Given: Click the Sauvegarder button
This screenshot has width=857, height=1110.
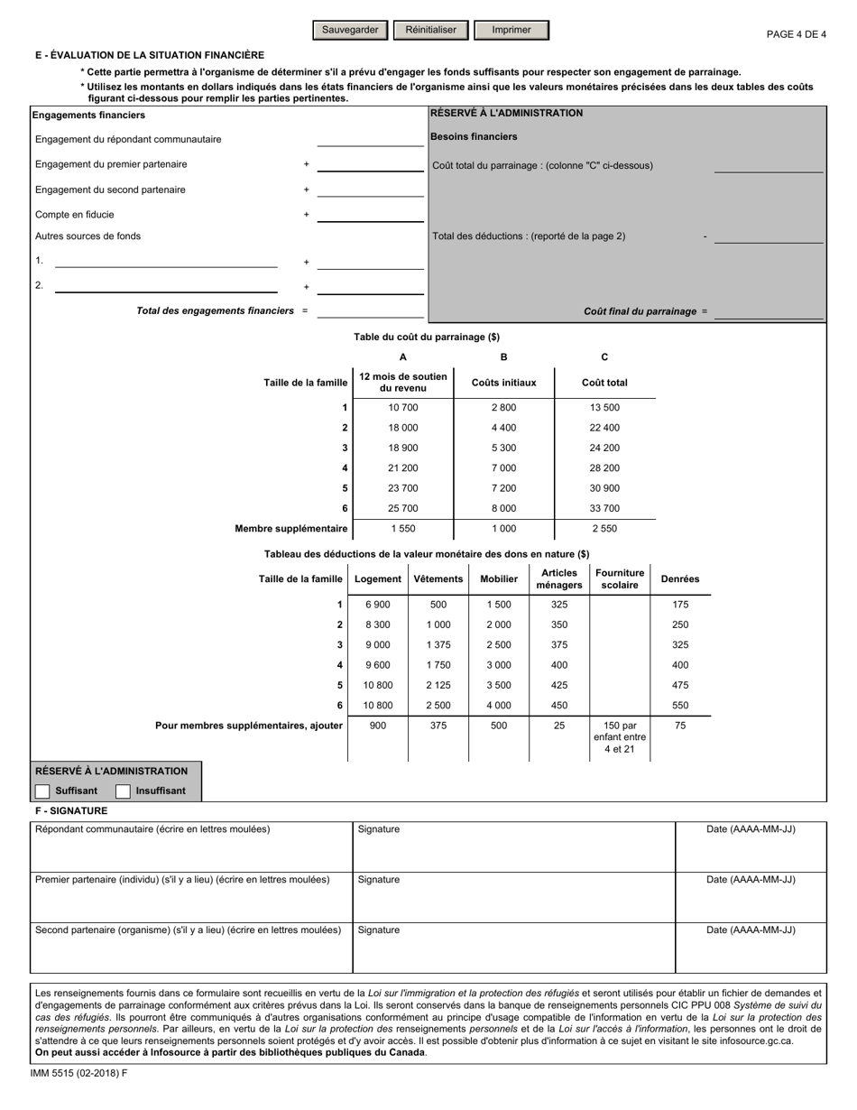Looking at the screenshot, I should (350, 30).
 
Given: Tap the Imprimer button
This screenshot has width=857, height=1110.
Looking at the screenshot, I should (511, 30).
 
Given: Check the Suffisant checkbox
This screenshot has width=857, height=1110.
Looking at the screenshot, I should (42, 791).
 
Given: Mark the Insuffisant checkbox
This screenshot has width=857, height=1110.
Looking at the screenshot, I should (124, 791).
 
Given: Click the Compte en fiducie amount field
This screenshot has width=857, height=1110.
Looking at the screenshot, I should (371, 215).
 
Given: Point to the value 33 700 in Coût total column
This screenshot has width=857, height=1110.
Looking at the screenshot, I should (604, 508).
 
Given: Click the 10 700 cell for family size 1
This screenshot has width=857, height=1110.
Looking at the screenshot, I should (402, 407).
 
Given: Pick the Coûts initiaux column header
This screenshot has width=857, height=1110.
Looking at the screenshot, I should (503, 383).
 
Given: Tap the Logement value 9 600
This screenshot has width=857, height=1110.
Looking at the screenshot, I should (377, 665).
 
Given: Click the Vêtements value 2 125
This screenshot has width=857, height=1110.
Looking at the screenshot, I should (438, 685).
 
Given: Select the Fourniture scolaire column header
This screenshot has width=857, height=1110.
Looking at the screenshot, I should (620, 578).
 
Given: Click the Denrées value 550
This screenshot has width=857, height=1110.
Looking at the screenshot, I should (680, 706).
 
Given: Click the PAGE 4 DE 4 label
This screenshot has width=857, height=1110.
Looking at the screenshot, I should (796, 34).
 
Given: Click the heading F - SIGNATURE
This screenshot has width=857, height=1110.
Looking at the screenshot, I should (71, 810).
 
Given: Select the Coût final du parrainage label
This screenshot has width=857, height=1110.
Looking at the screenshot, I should (640, 311).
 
